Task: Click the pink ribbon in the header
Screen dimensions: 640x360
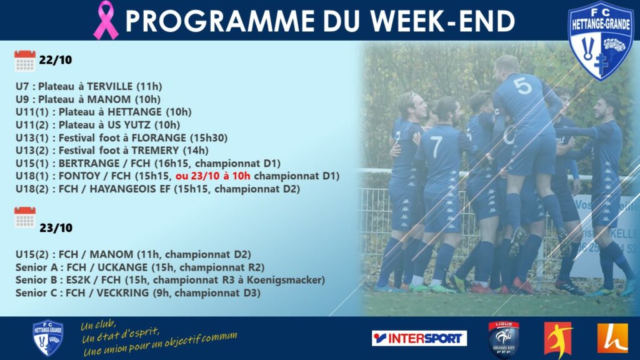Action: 106,20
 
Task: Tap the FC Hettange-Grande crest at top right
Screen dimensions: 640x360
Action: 601,41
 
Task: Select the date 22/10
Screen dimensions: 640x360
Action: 56,60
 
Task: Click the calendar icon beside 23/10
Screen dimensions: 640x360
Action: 25,217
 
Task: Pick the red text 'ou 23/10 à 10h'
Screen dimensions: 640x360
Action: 213,176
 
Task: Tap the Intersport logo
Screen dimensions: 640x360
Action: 419,338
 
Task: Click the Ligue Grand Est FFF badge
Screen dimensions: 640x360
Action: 504,339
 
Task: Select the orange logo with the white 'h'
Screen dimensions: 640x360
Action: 612,338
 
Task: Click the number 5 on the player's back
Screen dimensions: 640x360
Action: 523,86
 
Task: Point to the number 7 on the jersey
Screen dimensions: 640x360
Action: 436,146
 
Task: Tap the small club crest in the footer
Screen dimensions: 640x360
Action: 48,338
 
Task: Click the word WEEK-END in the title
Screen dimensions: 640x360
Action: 442,21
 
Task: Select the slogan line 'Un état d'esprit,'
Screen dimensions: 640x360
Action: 121,334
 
